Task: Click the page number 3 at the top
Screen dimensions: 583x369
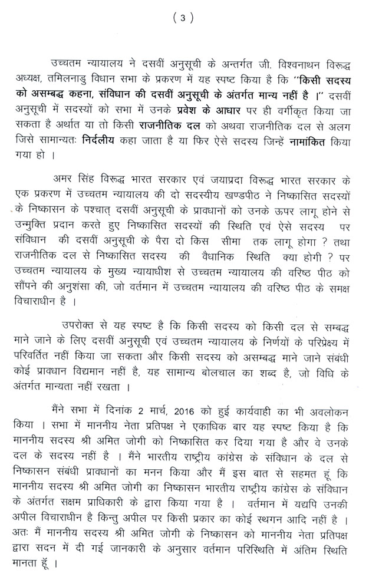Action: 183,18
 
